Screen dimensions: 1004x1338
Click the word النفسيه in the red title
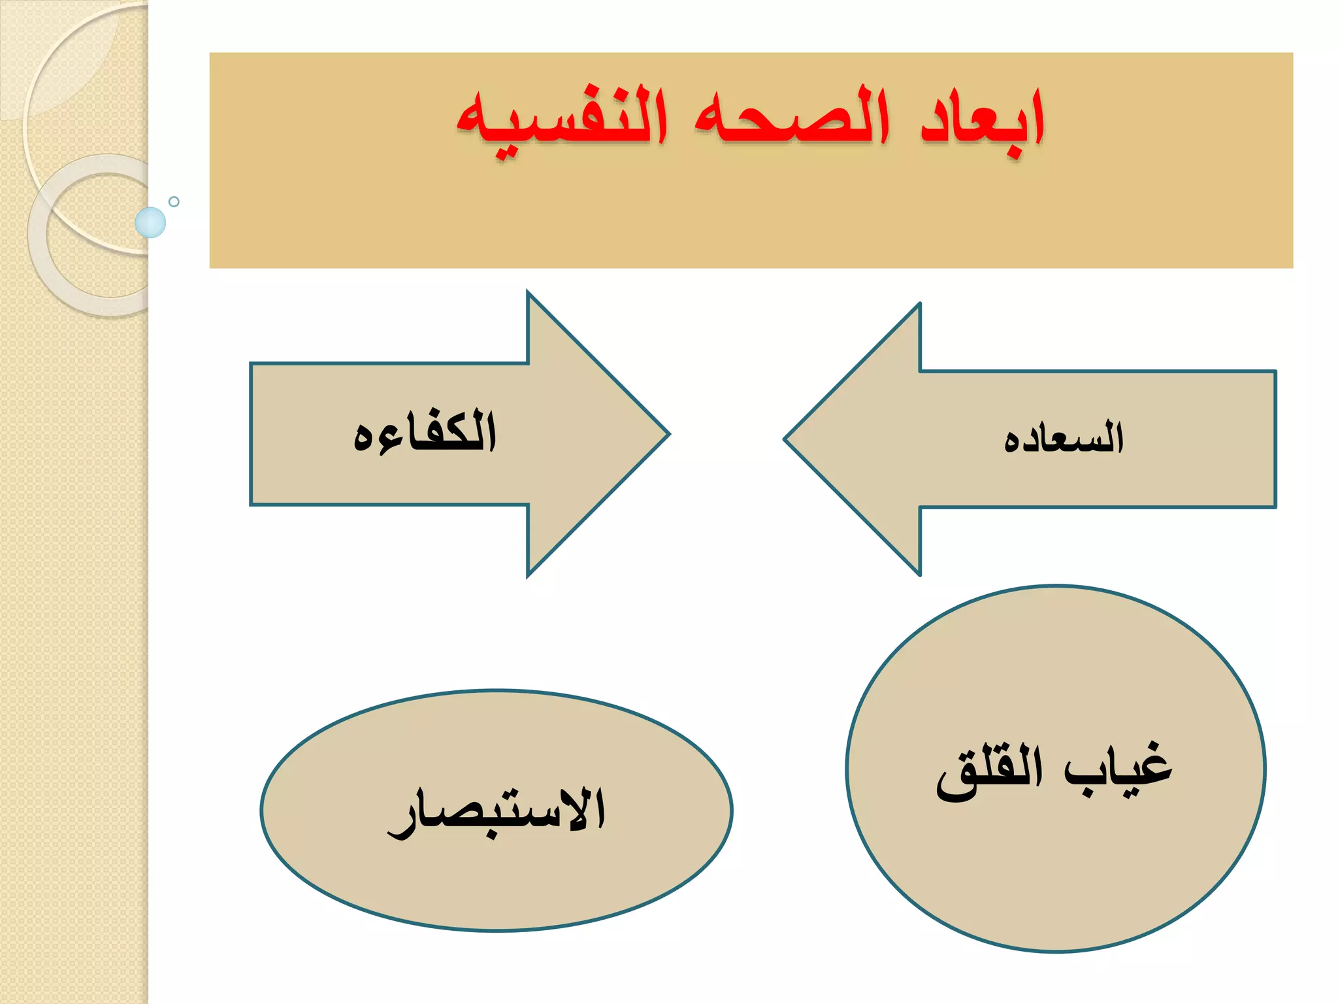(x=562, y=121)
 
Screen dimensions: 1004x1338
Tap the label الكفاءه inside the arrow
(x=425, y=433)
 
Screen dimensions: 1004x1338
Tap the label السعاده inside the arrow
(x=1064, y=438)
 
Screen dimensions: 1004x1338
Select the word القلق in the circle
(x=989, y=771)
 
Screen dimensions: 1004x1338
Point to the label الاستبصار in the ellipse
(x=497, y=811)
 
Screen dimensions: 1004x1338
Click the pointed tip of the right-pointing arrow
(x=668, y=433)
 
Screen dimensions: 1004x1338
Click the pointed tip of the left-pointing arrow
(x=786, y=439)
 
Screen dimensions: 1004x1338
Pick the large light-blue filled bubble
(x=150, y=222)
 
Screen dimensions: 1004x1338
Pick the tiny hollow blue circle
(x=174, y=201)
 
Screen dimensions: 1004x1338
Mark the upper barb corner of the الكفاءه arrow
(x=528, y=293)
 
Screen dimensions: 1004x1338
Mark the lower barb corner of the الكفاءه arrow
(x=528, y=576)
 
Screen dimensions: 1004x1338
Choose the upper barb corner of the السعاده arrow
(x=919, y=305)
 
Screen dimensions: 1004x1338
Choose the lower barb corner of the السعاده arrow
(x=919, y=575)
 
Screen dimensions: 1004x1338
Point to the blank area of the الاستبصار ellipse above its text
(x=497, y=732)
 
